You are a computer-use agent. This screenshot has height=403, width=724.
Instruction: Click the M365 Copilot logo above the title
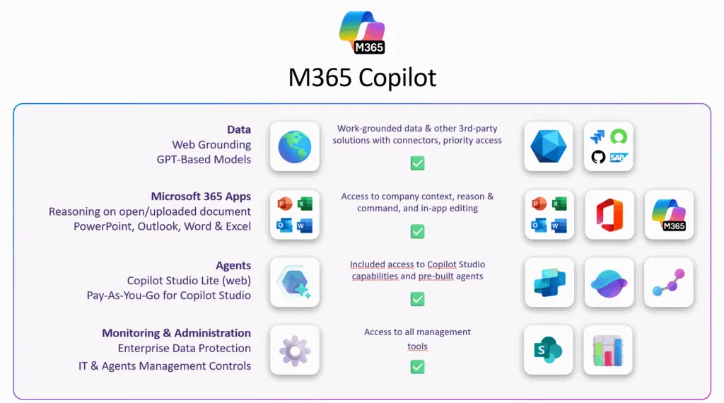[x=362, y=32]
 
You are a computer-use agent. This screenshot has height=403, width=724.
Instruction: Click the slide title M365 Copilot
[x=362, y=77]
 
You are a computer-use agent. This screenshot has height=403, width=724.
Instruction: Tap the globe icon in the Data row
[x=295, y=146]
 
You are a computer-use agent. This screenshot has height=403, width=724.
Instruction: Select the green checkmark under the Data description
[x=417, y=164]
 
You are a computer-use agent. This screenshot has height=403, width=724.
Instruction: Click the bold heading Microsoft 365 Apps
[x=201, y=197]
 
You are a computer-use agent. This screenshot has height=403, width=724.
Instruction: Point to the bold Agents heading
[x=233, y=266]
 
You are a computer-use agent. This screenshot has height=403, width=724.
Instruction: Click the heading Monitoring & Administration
[x=176, y=333]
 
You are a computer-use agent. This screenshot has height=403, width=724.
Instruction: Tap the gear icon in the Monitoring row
[x=295, y=350]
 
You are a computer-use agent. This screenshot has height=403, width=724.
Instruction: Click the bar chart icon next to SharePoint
[x=608, y=350]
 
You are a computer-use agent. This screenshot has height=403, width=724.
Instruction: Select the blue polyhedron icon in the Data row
[x=549, y=146]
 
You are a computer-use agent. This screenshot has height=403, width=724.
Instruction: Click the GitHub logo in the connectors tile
[x=598, y=157]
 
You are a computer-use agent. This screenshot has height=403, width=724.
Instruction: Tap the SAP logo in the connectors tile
[x=619, y=157]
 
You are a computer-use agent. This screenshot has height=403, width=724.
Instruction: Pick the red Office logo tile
[x=609, y=214]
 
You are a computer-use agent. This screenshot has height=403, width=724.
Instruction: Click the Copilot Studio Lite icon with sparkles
[x=295, y=282]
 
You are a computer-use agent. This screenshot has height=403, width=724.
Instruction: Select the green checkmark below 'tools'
[x=417, y=367]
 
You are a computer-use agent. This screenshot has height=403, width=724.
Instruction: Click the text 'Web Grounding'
[x=211, y=145]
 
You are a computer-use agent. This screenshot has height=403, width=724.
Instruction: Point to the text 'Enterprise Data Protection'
[x=185, y=349]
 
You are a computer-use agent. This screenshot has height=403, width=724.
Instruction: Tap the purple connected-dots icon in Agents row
[x=668, y=282]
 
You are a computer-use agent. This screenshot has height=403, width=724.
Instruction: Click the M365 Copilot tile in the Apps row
[x=669, y=214]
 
